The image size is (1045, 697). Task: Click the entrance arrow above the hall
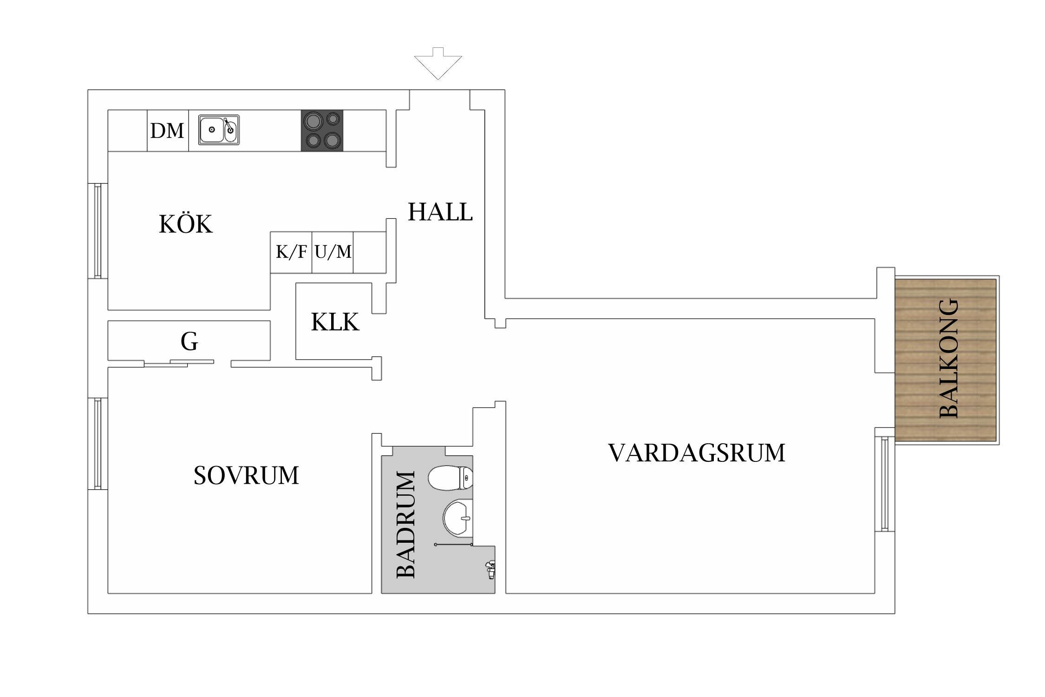tap(438, 64)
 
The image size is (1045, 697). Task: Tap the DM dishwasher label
tap(167, 131)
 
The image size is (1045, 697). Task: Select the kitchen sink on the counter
tap(219, 130)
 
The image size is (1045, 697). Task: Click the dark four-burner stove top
tap(322, 131)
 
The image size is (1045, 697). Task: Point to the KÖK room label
tap(186, 224)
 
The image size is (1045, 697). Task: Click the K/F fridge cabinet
tap(291, 252)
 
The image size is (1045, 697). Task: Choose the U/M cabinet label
tap(333, 252)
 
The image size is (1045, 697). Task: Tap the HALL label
tap(440, 212)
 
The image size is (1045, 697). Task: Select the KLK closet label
tap(335, 322)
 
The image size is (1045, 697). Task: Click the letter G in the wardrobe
tap(189, 342)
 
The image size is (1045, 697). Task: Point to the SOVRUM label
tap(246, 475)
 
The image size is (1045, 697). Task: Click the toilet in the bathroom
tap(451, 478)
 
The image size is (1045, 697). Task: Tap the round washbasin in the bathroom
tap(457, 517)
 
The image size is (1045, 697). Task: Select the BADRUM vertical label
tap(405, 524)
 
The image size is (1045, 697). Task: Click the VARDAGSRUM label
tap(696, 453)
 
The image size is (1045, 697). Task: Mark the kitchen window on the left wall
tap(98, 231)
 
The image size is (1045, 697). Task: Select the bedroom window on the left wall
tap(98, 444)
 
